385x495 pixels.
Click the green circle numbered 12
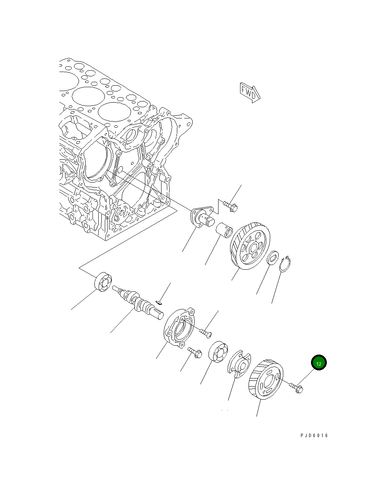click(319, 362)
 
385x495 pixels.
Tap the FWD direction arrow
click(250, 93)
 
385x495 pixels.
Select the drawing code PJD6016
click(314, 436)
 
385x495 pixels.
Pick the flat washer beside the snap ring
click(272, 258)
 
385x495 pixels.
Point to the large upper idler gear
click(250, 245)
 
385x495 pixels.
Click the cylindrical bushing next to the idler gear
click(224, 231)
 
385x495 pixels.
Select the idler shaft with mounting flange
click(202, 216)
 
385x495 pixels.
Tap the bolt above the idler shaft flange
click(230, 206)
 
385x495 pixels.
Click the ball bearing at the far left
click(103, 282)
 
